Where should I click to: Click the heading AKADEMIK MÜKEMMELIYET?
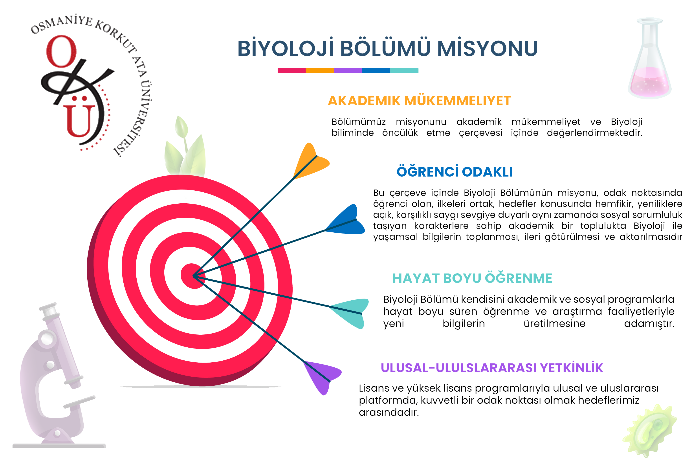(419, 101)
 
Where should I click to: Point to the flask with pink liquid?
(649, 58)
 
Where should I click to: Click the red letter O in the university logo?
(61, 51)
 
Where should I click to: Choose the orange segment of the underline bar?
(320, 71)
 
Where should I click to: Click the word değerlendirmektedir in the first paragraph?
(595, 133)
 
